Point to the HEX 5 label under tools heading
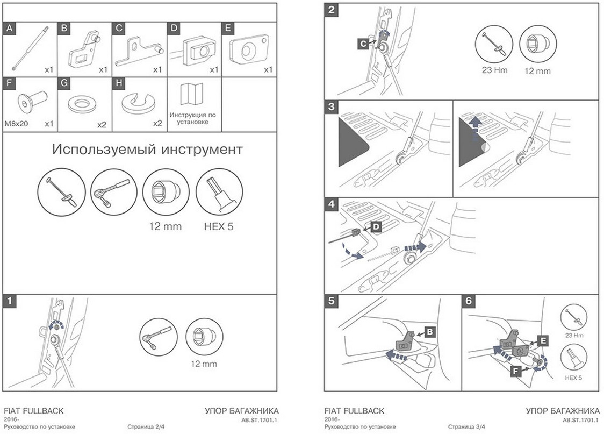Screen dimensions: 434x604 coord(219,226)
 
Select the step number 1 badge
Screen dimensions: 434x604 coord(9,302)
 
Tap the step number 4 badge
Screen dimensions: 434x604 coord(332,204)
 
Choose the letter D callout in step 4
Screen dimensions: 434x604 coord(376,227)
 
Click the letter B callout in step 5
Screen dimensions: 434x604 coord(430,332)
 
